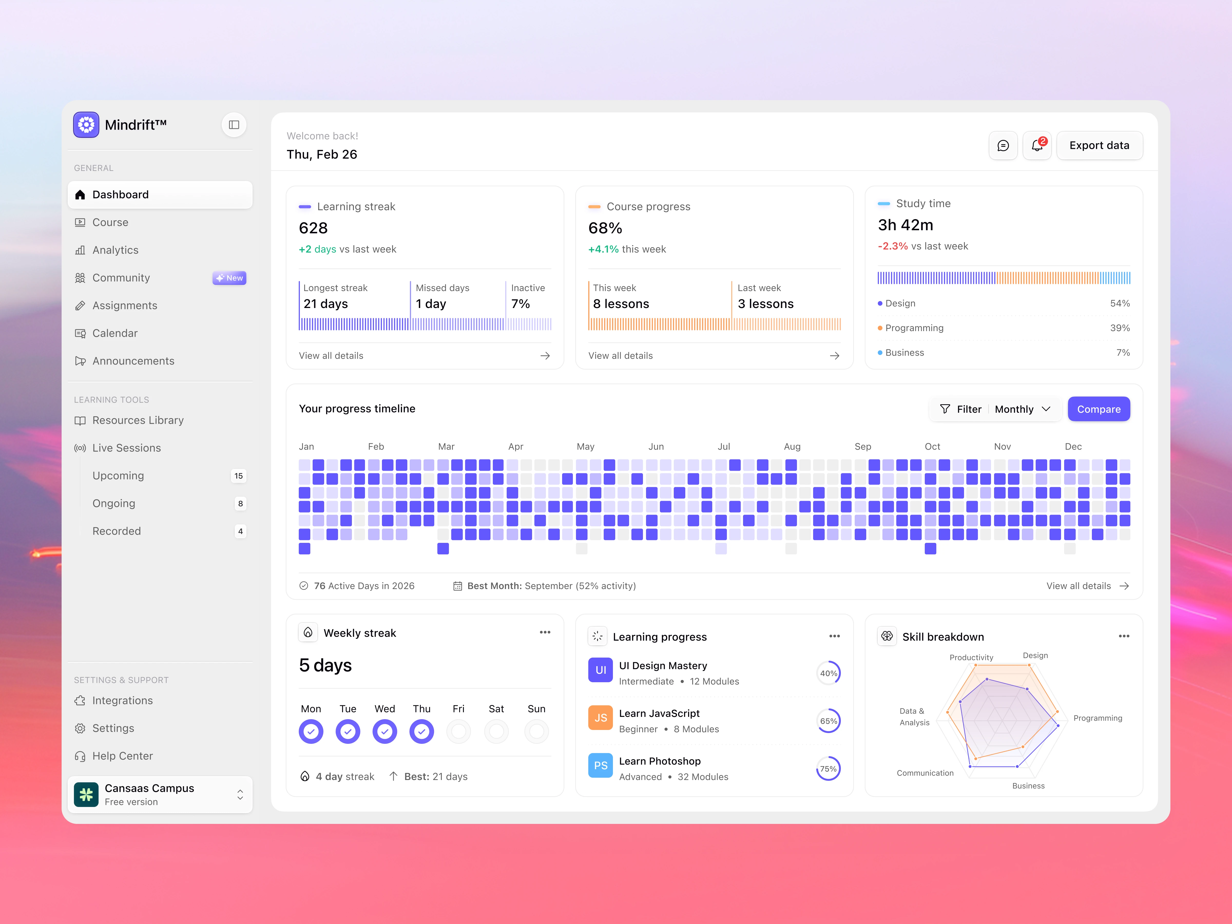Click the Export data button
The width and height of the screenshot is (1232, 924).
pos(1099,145)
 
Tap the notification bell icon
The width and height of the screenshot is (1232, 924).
pos(1036,145)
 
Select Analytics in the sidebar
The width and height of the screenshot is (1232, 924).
pos(115,250)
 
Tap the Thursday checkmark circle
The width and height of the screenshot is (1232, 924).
pos(422,731)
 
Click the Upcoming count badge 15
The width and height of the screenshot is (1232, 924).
pos(238,476)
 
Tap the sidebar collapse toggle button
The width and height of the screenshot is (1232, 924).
pos(234,125)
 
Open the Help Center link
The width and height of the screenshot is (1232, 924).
pos(122,756)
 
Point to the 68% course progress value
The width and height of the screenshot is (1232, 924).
pos(605,228)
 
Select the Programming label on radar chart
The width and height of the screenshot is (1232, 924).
pos(1097,718)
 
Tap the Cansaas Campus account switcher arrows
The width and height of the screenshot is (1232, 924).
pos(240,794)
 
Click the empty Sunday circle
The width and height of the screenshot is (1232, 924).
pos(536,731)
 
